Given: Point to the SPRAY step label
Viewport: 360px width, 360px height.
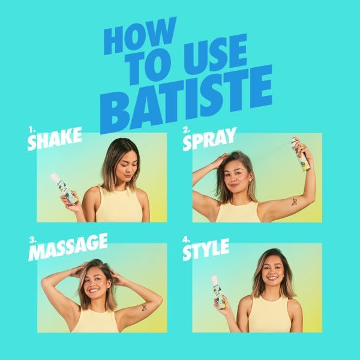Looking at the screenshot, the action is (x=209, y=139).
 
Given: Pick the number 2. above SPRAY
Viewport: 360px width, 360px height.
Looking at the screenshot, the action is (x=187, y=130).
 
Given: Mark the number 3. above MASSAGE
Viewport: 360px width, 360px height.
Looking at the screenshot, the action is (x=33, y=241).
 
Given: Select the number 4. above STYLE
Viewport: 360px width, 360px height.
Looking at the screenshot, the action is (x=186, y=239).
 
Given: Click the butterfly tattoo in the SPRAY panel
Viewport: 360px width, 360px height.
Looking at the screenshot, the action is (x=294, y=202).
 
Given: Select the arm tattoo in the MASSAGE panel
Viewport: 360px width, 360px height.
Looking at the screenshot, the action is (x=144, y=307).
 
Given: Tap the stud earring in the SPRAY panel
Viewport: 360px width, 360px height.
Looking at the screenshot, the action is (x=250, y=181).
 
